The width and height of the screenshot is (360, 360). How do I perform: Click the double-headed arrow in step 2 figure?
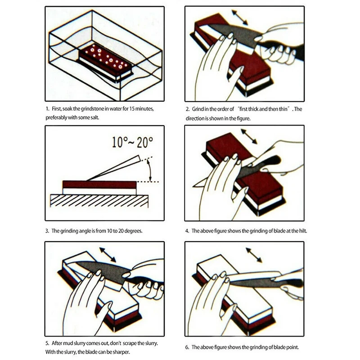[239, 17]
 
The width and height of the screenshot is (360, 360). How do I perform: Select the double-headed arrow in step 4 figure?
[249, 136]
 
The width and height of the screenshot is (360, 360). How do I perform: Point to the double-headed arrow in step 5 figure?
[108, 254]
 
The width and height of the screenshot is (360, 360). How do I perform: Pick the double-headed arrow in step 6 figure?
[254, 255]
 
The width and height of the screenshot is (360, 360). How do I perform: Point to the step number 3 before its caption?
[47, 231]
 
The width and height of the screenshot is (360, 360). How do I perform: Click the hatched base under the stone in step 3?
[99, 201]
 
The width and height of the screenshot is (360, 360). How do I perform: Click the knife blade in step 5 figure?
[99, 271]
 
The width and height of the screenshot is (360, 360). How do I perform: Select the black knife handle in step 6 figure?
[292, 283]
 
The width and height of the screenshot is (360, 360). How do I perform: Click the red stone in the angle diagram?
[99, 184]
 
